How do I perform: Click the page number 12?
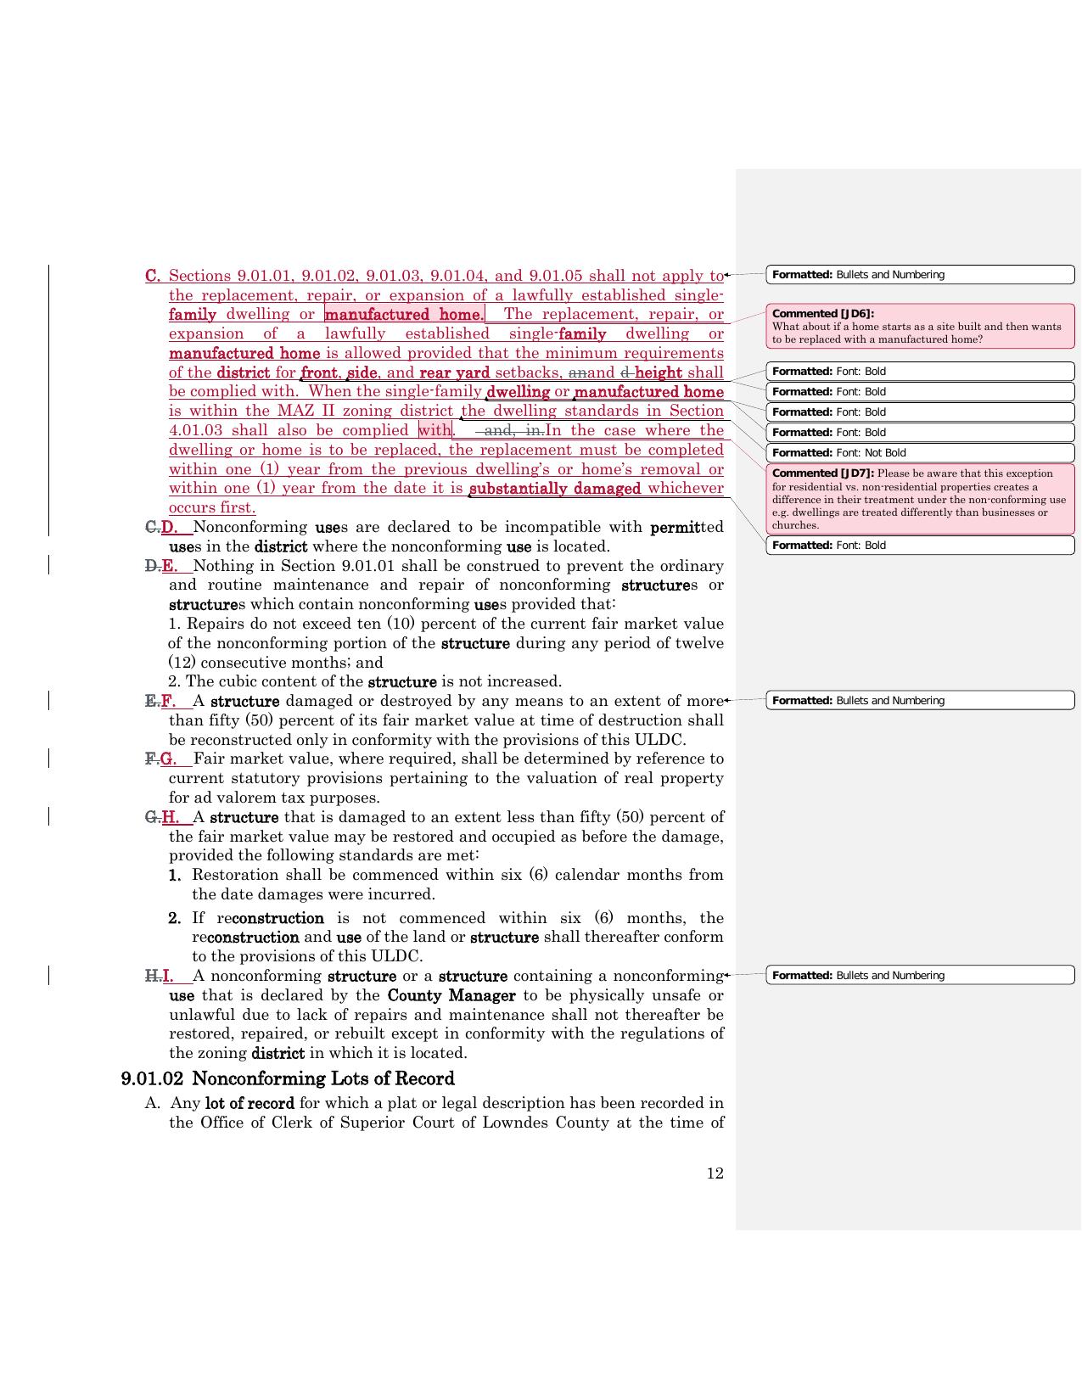pos(715,1173)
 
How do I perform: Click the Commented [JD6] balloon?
pos(920,326)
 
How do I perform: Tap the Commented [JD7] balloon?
pos(920,498)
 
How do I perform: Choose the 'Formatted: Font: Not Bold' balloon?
pos(920,453)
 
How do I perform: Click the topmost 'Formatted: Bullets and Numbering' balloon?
pos(920,275)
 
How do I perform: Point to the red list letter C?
pos(153,276)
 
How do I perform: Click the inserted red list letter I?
pos(168,976)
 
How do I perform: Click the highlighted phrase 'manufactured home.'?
pos(404,315)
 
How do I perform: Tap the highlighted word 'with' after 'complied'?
pos(434,430)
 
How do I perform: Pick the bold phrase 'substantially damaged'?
pos(555,489)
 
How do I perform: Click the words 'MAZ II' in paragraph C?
pos(306,411)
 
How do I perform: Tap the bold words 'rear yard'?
pos(454,372)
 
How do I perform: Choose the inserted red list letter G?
pos(168,759)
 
